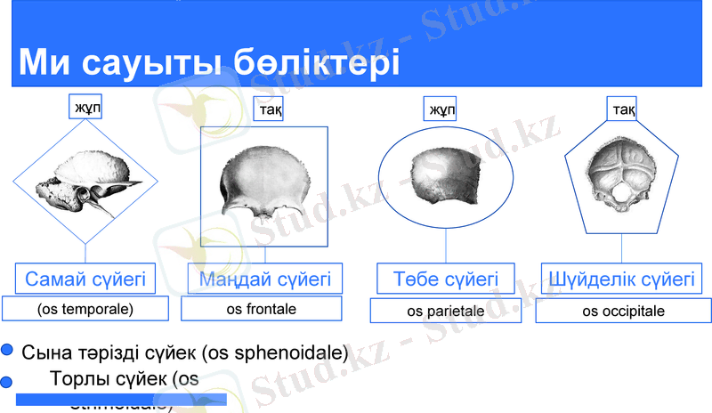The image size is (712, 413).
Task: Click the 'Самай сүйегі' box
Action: click(x=85, y=279)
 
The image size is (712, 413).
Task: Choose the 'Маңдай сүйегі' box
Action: click(x=264, y=279)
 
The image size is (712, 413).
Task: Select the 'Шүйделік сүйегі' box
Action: click(x=622, y=279)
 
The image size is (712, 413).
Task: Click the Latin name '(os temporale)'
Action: click(x=85, y=310)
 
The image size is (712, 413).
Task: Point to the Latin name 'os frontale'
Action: click(x=262, y=309)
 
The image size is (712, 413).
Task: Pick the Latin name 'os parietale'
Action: click(x=445, y=312)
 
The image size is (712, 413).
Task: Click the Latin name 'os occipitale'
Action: click(x=623, y=312)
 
